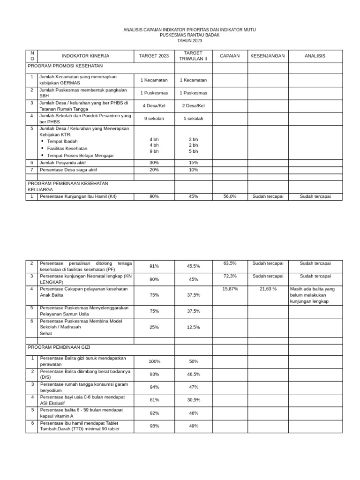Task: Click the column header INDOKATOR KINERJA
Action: (x=85, y=56)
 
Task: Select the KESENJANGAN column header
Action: (x=267, y=56)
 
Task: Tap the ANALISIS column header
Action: (x=315, y=56)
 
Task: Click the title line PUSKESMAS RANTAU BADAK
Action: (x=189, y=35)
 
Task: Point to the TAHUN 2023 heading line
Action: (x=189, y=41)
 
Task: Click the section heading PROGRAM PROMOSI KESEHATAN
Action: (x=65, y=66)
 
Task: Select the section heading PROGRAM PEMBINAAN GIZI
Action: (x=59, y=347)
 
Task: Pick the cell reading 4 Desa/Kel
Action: (x=154, y=106)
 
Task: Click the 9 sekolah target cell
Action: (x=154, y=119)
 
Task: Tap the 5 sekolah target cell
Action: (x=193, y=119)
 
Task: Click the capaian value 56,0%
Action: (x=230, y=196)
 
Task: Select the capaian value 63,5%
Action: (x=230, y=263)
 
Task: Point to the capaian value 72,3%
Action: (x=230, y=276)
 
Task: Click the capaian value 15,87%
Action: (x=230, y=289)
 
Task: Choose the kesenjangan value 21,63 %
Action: (x=268, y=289)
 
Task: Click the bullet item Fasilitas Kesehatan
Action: (x=67, y=148)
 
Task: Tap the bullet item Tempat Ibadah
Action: (x=62, y=141)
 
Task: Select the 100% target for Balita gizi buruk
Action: (x=154, y=361)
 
